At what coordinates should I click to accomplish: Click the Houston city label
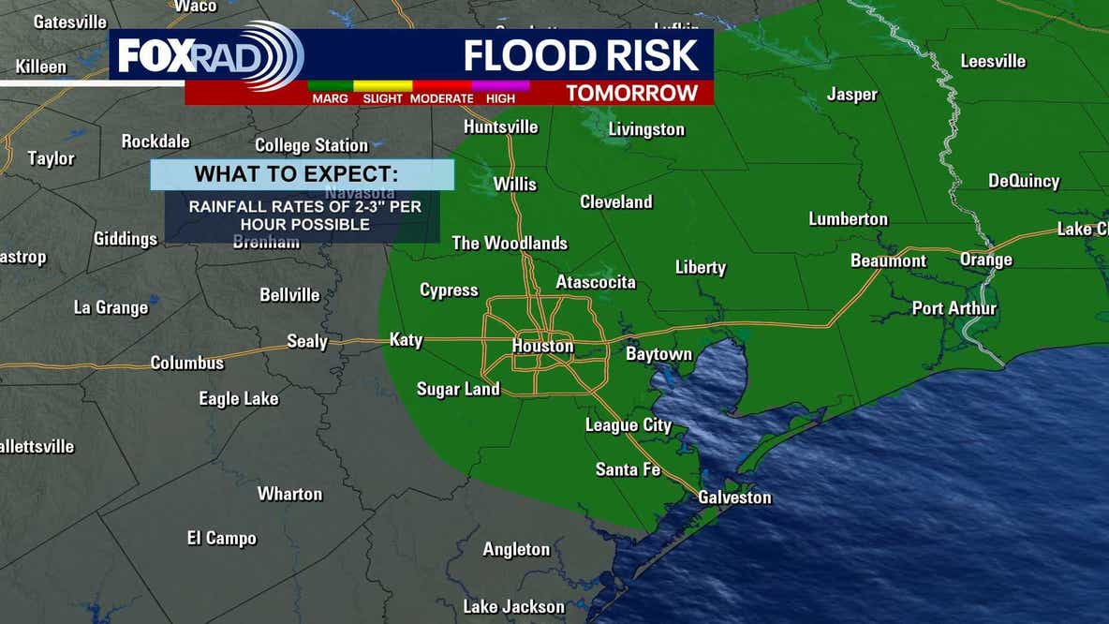tap(542, 346)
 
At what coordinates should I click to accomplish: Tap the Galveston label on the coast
tap(734, 498)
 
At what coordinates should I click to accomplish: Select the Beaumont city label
tap(888, 260)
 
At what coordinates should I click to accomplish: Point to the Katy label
tap(406, 340)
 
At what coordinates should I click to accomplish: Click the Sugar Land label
tap(458, 389)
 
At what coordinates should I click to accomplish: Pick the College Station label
tap(311, 145)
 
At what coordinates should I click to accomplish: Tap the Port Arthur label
tap(954, 308)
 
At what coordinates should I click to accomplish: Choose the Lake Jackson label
tap(514, 606)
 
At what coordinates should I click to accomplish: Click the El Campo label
tap(221, 538)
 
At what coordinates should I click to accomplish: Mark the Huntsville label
tap(501, 126)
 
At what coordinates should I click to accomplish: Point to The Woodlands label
tap(510, 243)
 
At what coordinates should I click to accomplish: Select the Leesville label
tap(993, 61)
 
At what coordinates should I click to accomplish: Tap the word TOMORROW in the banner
tap(632, 93)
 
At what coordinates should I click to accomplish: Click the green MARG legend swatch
tap(329, 85)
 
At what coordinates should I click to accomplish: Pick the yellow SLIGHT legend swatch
tap(382, 85)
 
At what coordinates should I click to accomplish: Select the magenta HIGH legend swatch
tap(500, 85)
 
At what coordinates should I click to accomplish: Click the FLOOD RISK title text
tap(581, 55)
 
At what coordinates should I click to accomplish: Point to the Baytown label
tap(658, 354)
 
